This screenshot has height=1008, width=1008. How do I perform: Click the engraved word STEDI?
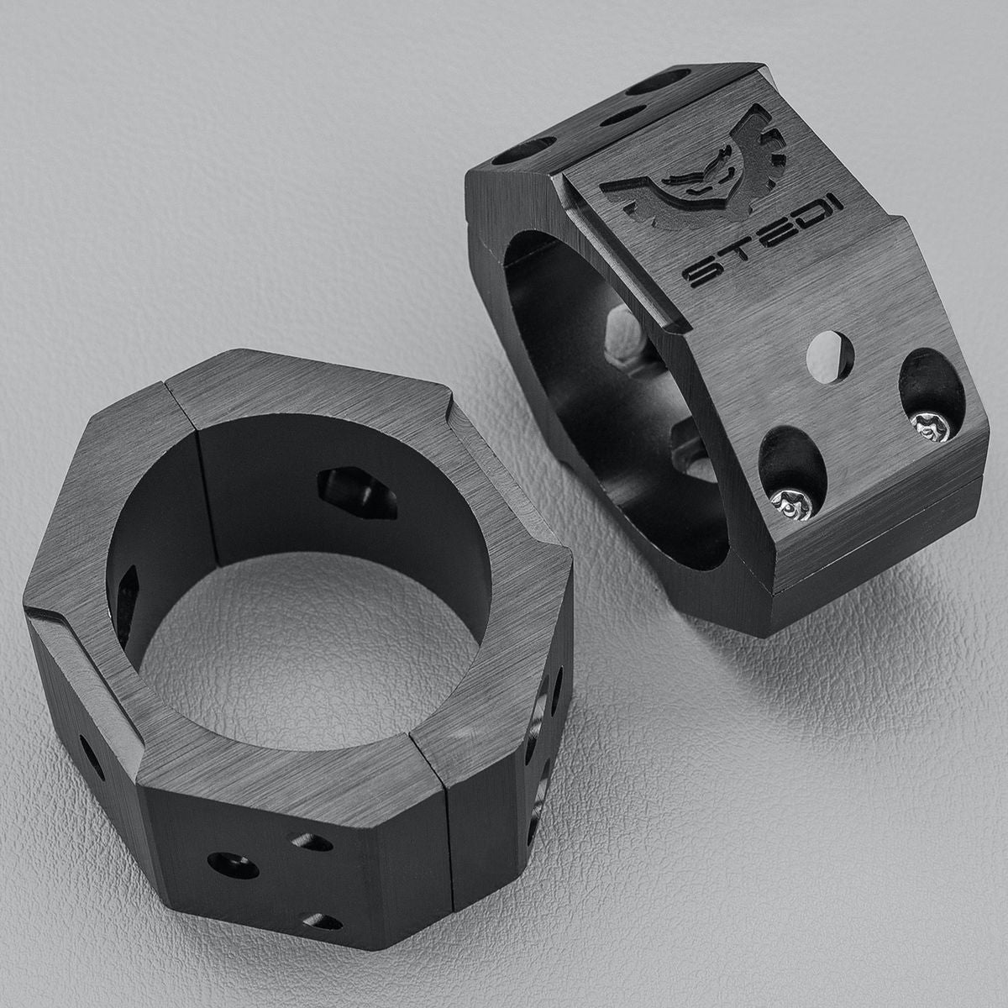(x=764, y=244)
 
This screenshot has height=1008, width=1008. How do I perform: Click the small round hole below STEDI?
(x=830, y=357)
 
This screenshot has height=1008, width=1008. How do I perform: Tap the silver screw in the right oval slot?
(x=932, y=426)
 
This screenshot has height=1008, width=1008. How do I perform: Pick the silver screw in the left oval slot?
(x=793, y=503)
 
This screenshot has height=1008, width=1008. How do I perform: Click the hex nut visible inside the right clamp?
(x=622, y=335)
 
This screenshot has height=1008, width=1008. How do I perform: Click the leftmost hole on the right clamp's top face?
(x=522, y=150)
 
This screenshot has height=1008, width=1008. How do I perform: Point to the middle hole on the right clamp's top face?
(x=622, y=115)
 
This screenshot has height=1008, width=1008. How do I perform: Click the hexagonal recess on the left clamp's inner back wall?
(x=357, y=493)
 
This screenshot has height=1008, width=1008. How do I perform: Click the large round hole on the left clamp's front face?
(x=234, y=865)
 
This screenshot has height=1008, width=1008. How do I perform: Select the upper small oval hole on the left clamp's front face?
(x=313, y=842)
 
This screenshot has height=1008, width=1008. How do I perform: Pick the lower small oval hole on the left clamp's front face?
(x=323, y=921)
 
